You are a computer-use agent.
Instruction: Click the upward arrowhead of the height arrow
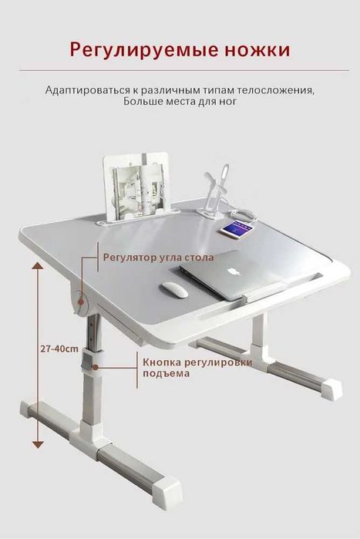click(x=36, y=264)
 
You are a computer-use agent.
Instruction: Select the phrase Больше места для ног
click(x=180, y=101)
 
